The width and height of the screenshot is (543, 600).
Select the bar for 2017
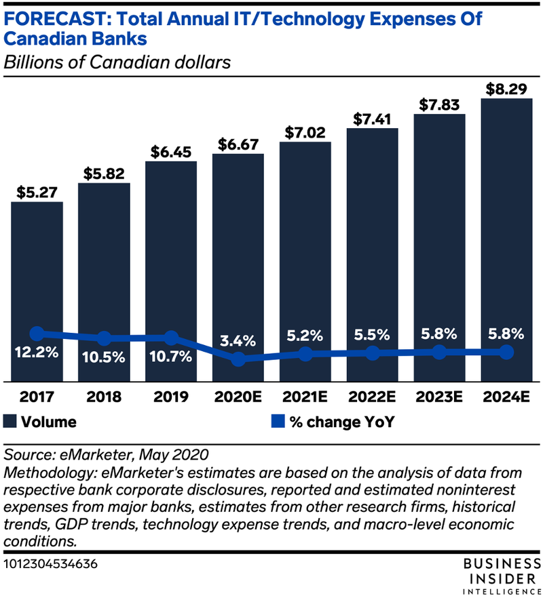pos(37,271)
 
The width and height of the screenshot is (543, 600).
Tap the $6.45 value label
pos(171,147)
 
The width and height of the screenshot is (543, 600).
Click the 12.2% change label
pos(37,353)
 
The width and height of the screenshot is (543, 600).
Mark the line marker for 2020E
pos(238,359)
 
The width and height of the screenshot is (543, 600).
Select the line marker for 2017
pos(37,333)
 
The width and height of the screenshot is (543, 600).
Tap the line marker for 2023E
pos(439,352)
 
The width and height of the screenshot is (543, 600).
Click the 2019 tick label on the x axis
pos(171,396)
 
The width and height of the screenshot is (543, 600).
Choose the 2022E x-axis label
pos(372,396)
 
